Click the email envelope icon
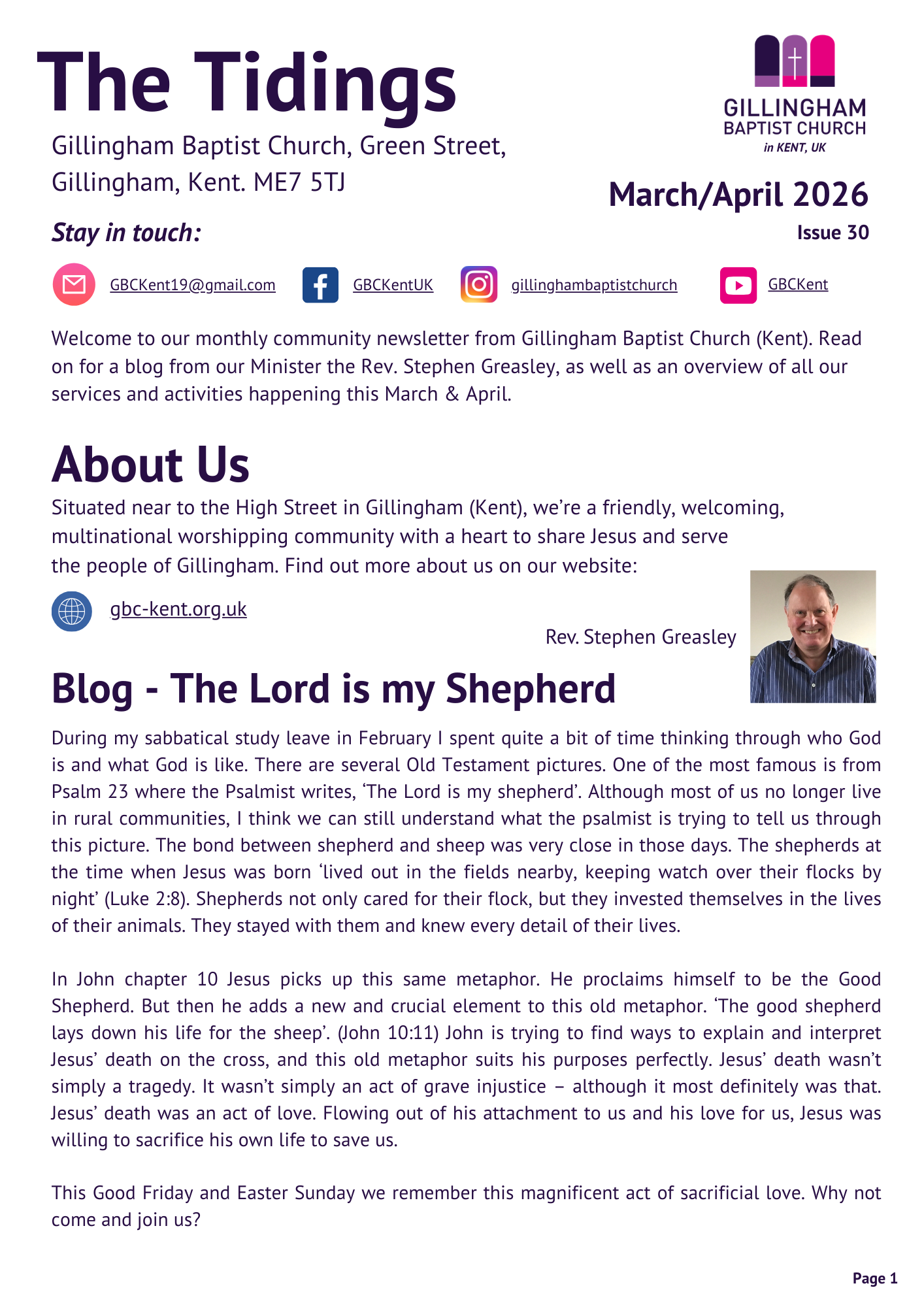(x=74, y=284)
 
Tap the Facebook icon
(x=320, y=285)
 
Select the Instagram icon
(x=479, y=284)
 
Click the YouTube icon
(x=738, y=285)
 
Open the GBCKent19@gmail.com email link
(x=193, y=285)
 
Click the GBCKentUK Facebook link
(x=393, y=285)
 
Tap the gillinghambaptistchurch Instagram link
(x=594, y=285)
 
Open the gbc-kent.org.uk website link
(x=178, y=609)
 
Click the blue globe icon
(x=72, y=611)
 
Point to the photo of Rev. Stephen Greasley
(x=812, y=637)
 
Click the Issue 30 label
(x=833, y=233)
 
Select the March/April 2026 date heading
(x=738, y=195)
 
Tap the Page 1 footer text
(x=874, y=1278)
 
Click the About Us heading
(x=150, y=465)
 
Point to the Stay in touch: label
(x=126, y=233)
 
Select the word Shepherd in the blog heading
(x=530, y=689)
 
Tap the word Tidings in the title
(x=325, y=84)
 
